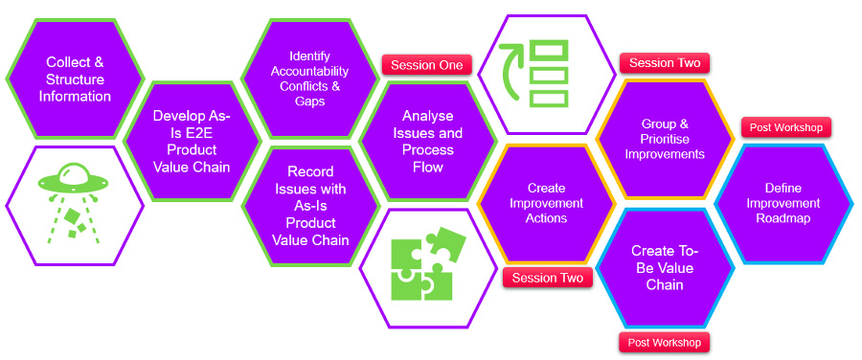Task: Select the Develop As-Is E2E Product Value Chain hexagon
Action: click(192, 141)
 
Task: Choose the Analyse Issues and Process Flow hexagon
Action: click(427, 141)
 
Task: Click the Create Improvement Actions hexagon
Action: click(546, 203)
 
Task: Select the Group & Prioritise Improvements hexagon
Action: click(665, 140)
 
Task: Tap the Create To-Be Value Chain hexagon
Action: click(665, 267)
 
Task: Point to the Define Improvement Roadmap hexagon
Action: click(783, 203)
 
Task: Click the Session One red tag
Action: click(427, 65)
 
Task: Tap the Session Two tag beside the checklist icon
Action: click(665, 63)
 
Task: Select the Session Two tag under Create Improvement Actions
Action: click(547, 278)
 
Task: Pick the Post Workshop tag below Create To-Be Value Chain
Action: click(665, 342)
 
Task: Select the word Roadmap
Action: click(783, 217)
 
